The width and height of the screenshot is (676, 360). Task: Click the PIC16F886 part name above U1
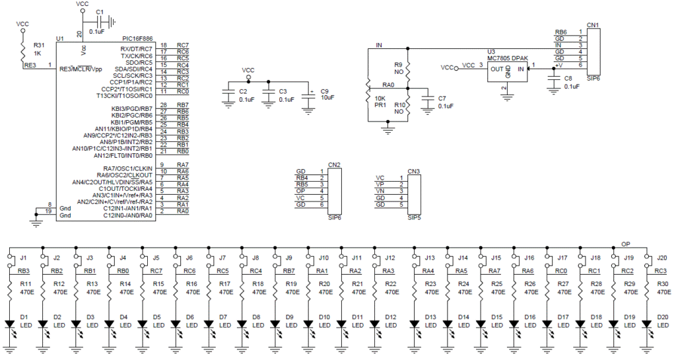click(137, 39)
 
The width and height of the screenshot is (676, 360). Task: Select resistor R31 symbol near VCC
click(23, 49)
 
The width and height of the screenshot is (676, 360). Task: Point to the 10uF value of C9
click(327, 98)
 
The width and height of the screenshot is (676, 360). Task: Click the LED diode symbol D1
click(9, 324)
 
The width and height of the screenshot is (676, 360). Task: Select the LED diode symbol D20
click(646, 324)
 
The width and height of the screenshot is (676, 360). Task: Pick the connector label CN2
click(334, 165)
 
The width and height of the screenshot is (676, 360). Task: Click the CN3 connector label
click(413, 172)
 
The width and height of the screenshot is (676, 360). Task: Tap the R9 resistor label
click(398, 65)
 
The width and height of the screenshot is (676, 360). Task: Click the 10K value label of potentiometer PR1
click(380, 98)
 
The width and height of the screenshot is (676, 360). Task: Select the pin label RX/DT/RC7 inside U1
click(136, 49)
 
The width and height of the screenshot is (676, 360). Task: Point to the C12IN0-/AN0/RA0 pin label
click(129, 215)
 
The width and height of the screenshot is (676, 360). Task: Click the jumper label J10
click(323, 258)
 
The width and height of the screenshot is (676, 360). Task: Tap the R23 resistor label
click(430, 284)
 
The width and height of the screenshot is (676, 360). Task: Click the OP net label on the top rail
click(626, 244)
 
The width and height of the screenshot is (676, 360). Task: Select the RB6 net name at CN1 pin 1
click(561, 32)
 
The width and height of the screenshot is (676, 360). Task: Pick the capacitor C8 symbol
click(553, 79)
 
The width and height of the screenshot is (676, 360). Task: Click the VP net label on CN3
click(380, 184)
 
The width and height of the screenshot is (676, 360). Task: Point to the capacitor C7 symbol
click(427, 98)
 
